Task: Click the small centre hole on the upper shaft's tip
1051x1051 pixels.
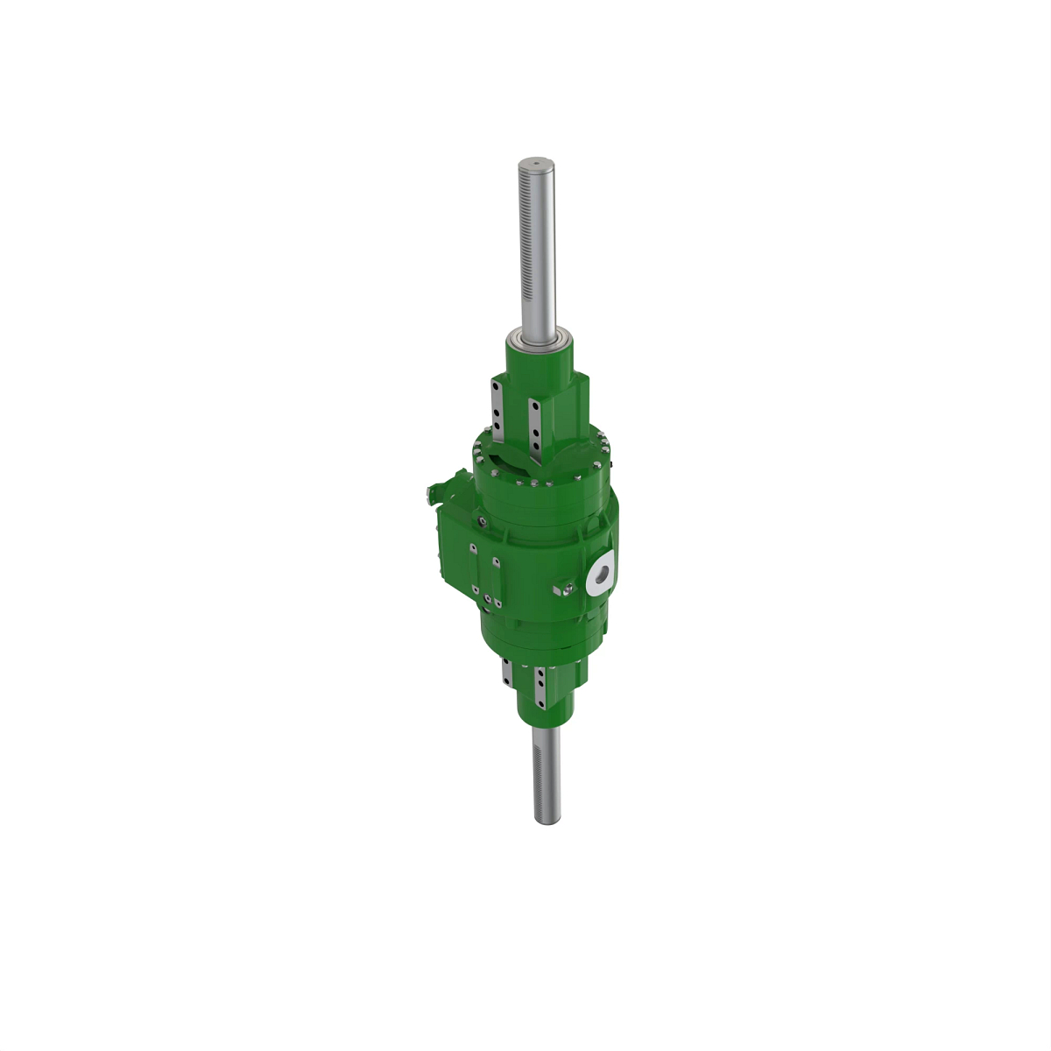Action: tap(533, 162)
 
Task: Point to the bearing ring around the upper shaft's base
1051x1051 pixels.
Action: tap(537, 337)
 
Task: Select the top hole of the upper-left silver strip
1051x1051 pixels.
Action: tap(497, 386)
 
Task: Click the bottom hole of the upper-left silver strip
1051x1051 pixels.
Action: tap(497, 425)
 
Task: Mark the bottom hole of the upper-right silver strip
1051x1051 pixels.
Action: tap(537, 446)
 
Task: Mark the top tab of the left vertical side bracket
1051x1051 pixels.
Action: tap(474, 548)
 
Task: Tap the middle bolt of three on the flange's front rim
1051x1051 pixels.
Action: tap(532, 481)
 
